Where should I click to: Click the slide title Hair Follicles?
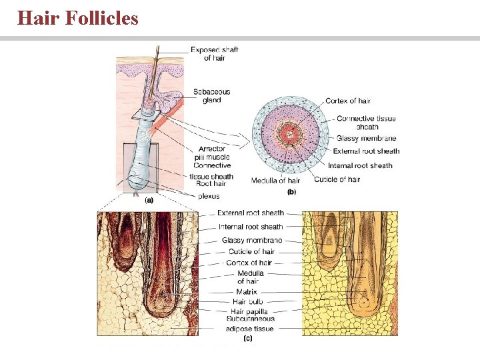click(78, 17)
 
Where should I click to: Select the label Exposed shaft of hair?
click(214, 54)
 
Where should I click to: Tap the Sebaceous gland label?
click(211, 96)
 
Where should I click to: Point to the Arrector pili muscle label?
click(212, 153)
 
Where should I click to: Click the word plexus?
click(209, 196)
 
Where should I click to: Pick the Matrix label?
click(246, 292)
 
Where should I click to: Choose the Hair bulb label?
click(247, 301)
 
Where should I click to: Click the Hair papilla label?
click(249, 311)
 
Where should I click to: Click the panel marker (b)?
click(291, 192)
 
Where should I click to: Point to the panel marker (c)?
click(247, 338)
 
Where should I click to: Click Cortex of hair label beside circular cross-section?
click(347, 101)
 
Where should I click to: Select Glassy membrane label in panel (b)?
click(366, 139)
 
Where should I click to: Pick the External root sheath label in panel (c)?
click(250, 213)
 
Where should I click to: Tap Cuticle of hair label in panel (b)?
click(337, 179)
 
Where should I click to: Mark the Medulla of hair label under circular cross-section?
click(275, 180)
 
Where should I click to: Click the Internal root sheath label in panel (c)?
click(251, 227)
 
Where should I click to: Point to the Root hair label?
click(211, 183)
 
